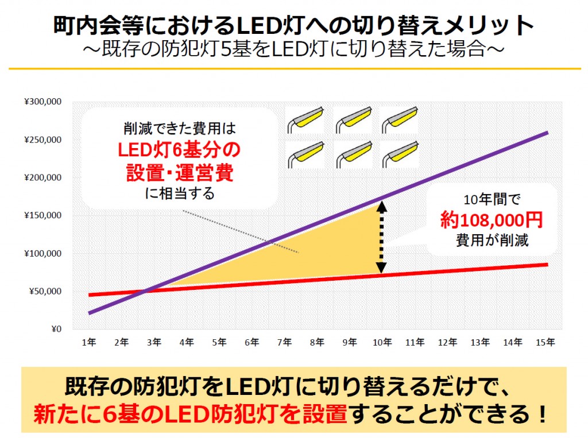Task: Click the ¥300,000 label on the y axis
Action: click(x=42, y=102)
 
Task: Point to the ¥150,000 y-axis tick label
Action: click(x=42, y=216)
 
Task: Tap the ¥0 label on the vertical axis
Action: click(x=55, y=329)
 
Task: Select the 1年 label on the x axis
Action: click(x=88, y=343)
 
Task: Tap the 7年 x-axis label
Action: click(x=284, y=343)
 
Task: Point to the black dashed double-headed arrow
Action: click(x=381, y=236)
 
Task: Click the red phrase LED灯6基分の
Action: click(x=179, y=150)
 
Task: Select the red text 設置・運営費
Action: click(x=179, y=172)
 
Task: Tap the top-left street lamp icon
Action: click(x=305, y=119)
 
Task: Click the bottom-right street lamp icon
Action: click(x=398, y=153)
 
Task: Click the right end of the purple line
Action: click(x=547, y=133)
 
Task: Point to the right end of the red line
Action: click(x=547, y=264)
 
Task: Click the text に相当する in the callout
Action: click(x=180, y=193)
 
